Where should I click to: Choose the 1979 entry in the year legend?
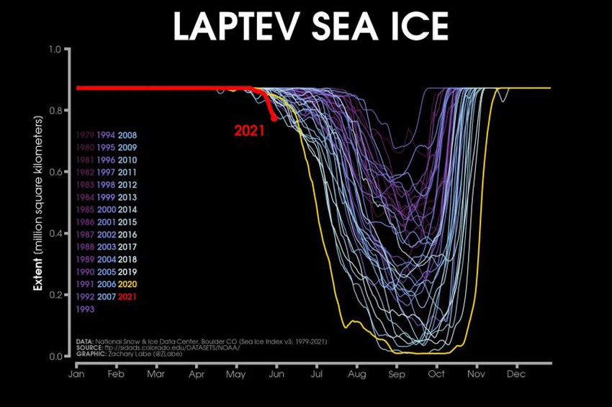pos(86,134)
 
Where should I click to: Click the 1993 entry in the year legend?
pos(86,309)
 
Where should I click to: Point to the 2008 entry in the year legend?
pos(130,134)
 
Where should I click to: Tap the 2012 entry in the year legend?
pos(130,184)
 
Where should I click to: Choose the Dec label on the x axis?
pos(515,374)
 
